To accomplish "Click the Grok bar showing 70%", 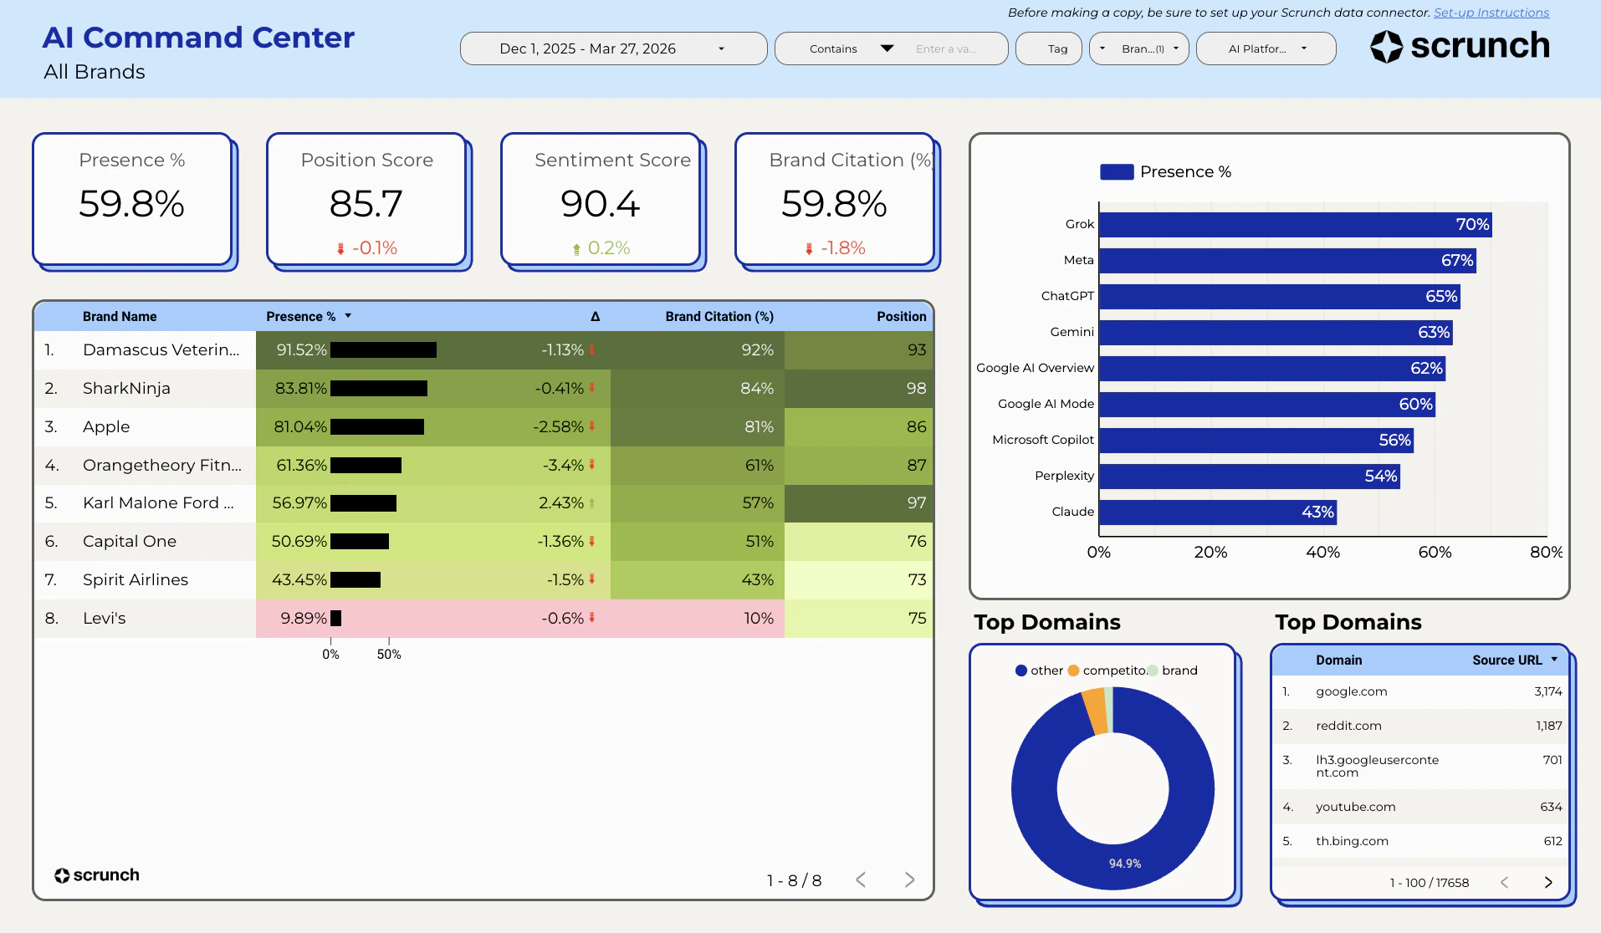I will [x=1294, y=225].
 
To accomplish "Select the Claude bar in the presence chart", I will [x=1217, y=512].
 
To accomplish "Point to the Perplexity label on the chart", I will [x=1064, y=476].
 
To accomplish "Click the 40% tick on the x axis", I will [x=1322, y=553].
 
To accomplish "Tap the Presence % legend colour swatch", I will [x=1117, y=172].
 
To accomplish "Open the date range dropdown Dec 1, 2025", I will [x=613, y=48].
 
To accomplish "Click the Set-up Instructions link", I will [x=1491, y=13].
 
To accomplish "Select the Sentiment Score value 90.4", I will [x=601, y=204].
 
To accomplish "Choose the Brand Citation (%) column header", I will [x=719, y=317].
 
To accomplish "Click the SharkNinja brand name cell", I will [x=126, y=389].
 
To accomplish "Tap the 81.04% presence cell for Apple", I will [x=300, y=427].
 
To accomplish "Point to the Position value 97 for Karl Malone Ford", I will [x=916, y=503].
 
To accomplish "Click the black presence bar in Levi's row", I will [x=335, y=619].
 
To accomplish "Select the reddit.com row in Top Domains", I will [x=1421, y=726].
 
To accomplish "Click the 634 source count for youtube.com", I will [x=1550, y=807].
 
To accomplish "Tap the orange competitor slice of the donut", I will [x=1094, y=710].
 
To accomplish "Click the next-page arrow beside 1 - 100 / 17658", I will [x=1547, y=882].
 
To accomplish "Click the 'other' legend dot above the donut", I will [x=1020, y=670].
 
